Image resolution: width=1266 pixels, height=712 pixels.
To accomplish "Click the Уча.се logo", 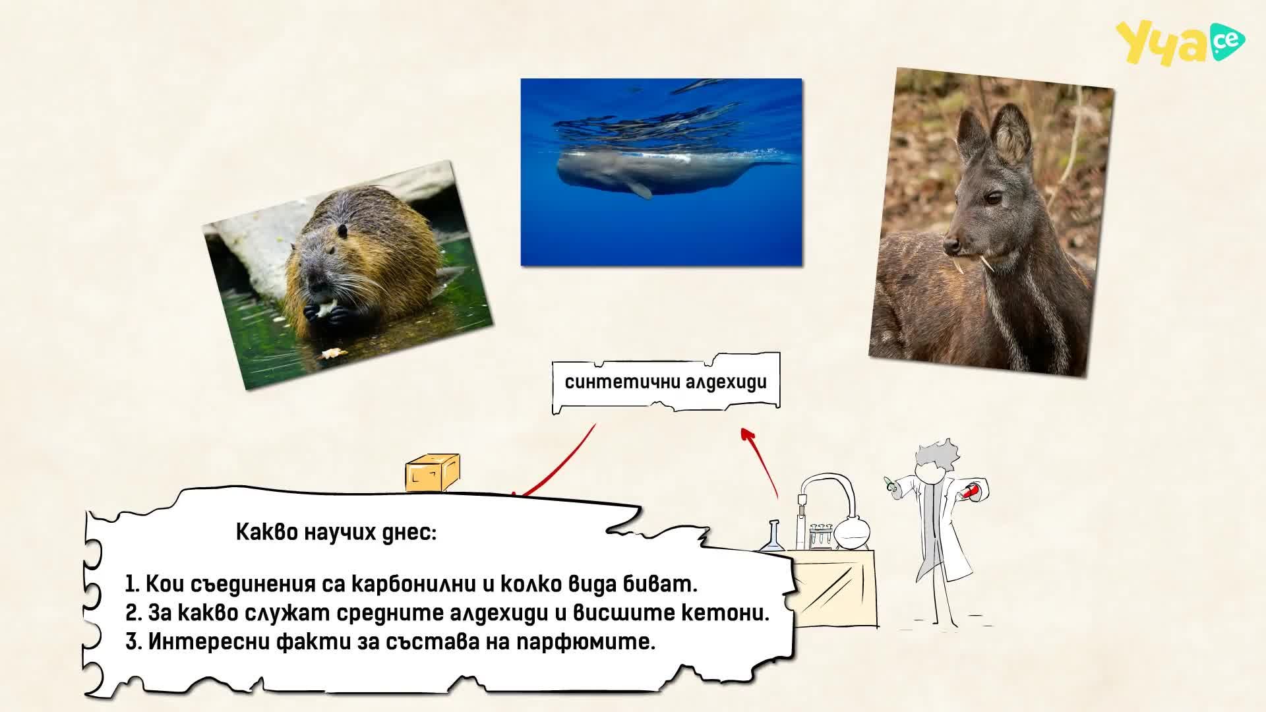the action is pyautogui.click(x=1180, y=44).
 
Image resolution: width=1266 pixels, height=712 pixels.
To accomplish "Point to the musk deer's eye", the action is pyautogui.click(x=993, y=197).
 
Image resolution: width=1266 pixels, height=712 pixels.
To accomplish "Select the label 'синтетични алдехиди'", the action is pyautogui.click(x=666, y=382).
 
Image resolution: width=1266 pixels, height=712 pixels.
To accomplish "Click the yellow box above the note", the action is pyautogui.click(x=432, y=473).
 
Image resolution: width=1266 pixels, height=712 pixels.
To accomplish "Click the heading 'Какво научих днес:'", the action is pyautogui.click(x=336, y=532).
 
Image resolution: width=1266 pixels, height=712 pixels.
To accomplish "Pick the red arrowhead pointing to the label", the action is pyautogui.click(x=747, y=434).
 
